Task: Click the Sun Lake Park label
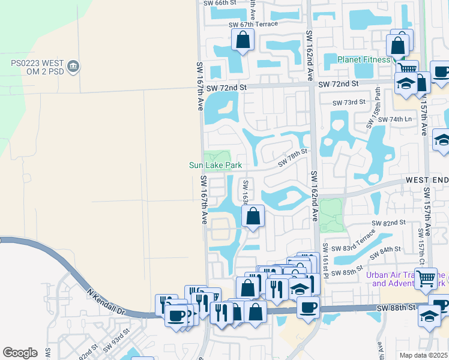(x=215, y=165)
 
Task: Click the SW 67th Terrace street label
(x=253, y=24)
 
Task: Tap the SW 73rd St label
(x=349, y=102)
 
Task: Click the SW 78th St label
(x=292, y=160)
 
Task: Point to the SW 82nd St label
(x=388, y=223)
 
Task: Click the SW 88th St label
(x=396, y=308)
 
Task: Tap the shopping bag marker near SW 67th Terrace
(x=243, y=40)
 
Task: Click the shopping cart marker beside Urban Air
(x=426, y=277)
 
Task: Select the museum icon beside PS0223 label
(x=73, y=66)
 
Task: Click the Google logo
(x=20, y=353)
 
